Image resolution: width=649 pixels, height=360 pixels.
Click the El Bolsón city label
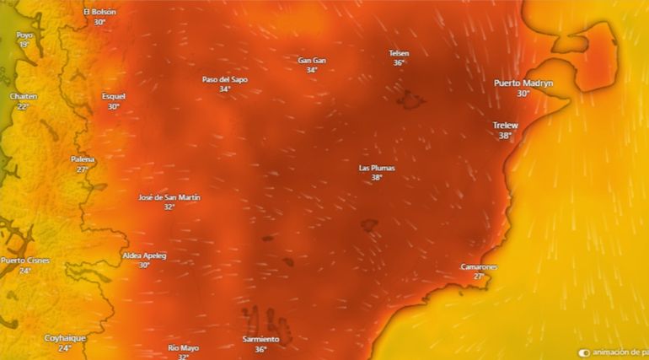[x=99, y=12]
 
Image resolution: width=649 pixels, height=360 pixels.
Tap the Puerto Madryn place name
[x=523, y=83]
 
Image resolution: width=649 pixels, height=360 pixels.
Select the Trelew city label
[x=505, y=126]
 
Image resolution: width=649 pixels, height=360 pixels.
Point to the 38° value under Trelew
[x=505, y=136]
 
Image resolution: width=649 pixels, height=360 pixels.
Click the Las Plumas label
[x=377, y=168]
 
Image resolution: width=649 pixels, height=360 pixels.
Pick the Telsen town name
[x=399, y=52]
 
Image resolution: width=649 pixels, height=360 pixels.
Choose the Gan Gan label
[x=312, y=60]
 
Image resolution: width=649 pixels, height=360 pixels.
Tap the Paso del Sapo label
[x=224, y=79]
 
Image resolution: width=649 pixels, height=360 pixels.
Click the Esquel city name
[x=113, y=96]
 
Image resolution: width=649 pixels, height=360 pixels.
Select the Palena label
[x=83, y=159]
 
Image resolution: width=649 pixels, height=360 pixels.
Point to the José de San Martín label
[x=169, y=197]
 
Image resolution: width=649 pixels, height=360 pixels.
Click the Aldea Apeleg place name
[x=144, y=255]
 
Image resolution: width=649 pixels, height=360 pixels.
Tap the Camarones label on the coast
[x=478, y=266]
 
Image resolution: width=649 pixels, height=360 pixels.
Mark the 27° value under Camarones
[x=478, y=277]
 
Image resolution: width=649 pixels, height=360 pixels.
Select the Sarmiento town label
[x=260, y=339]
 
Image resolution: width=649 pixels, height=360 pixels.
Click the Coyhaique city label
[x=65, y=338]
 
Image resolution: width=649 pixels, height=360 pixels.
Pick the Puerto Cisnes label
[x=25, y=261]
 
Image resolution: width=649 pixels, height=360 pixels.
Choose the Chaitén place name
[x=24, y=96]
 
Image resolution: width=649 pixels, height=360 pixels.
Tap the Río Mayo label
[x=183, y=347]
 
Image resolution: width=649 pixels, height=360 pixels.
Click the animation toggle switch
[x=584, y=352]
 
